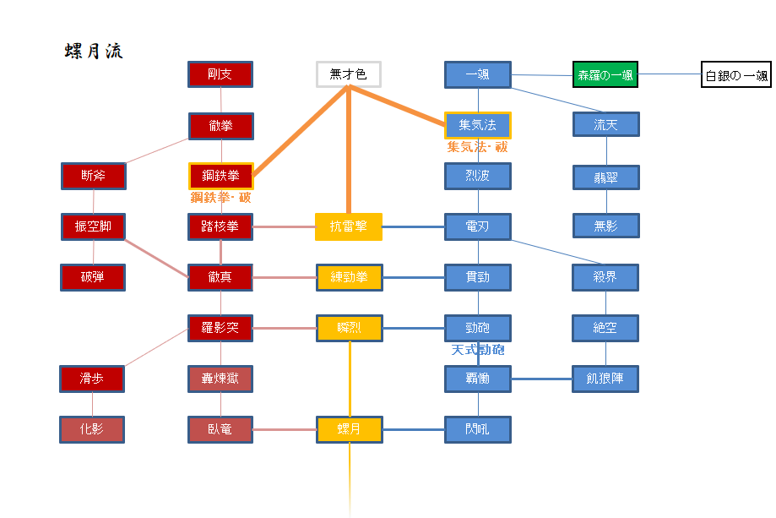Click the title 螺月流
(94, 52)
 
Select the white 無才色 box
(349, 74)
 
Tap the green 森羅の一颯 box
(605, 74)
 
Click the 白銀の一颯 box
(736, 74)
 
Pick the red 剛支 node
(220, 74)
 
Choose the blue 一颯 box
(478, 74)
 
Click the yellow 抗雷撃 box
(349, 226)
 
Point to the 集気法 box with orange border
(478, 125)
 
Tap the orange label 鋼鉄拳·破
(220, 198)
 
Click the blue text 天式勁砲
(478, 350)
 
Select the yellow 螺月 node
(349, 429)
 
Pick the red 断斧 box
(93, 176)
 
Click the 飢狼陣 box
(605, 379)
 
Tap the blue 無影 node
(605, 226)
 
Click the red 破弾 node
(93, 277)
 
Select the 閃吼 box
(478, 429)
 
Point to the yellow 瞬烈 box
(349, 328)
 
